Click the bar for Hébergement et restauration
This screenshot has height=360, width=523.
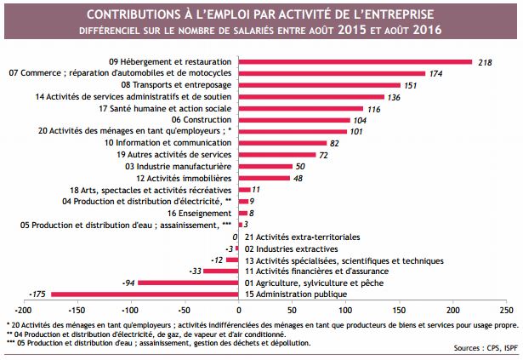pyautogui.click(x=355, y=61)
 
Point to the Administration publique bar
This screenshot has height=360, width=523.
pyautogui.click(x=144, y=294)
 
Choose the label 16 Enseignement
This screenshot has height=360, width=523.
pyautogui.click(x=201, y=213)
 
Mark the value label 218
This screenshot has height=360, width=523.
pyautogui.click(x=486, y=61)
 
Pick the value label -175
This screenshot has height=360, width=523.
pyautogui.click(x=38, y=294)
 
